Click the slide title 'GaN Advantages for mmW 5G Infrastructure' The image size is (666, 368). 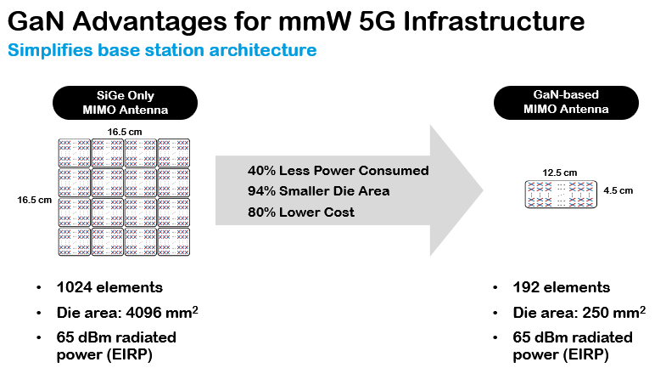coord(296,21)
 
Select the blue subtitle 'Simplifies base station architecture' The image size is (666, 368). coord(162,50)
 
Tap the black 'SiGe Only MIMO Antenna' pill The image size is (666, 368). coord(125,103)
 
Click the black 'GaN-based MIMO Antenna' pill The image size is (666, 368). coord(566,102)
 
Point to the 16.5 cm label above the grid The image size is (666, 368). coord(125,132)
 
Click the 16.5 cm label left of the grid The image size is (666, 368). coord(35,200)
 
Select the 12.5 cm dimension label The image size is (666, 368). coord(559,173)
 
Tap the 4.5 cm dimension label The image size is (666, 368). coord(618,190)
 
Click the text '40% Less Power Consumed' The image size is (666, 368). coord(339,171)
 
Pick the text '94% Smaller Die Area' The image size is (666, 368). coord(318,191)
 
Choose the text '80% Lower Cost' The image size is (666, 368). coord(300,212)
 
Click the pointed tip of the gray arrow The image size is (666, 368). coord(483,190)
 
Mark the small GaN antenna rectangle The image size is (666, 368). coord(561,194)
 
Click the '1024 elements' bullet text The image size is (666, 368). coord(109,287)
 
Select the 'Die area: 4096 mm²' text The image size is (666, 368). coord(127,312)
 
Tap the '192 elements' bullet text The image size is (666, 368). coord(561,287)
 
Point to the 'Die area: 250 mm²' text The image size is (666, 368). coord(579,312)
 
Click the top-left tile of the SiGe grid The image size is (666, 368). coord(75,153)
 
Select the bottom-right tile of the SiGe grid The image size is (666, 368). coord(174,241)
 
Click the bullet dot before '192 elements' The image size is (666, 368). coord(495,288)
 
